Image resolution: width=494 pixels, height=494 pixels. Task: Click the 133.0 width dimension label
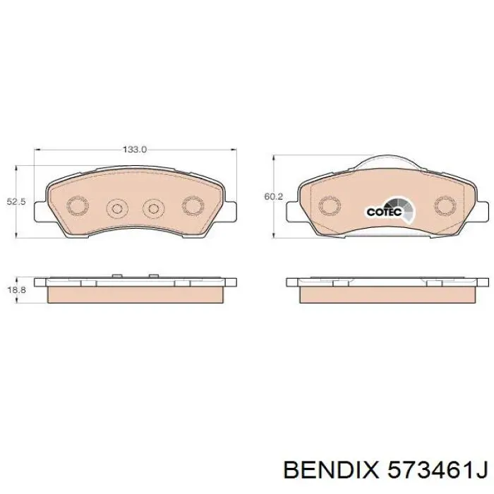point(134,150)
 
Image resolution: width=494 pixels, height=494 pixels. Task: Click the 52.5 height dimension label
point(16,202)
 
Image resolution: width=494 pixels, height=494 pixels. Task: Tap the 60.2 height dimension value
point(273,197)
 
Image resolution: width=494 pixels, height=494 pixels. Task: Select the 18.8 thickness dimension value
point(16,290)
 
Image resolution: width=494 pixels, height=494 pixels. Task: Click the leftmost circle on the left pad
point(77,205)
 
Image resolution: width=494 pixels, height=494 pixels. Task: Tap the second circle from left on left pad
point(116,208)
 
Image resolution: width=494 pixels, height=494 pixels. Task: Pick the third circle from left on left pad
point(152,208)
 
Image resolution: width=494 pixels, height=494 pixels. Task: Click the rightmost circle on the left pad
point(193,205)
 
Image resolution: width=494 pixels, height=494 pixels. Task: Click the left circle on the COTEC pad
point(328,206)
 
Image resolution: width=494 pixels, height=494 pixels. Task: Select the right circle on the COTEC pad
point(445,205)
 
